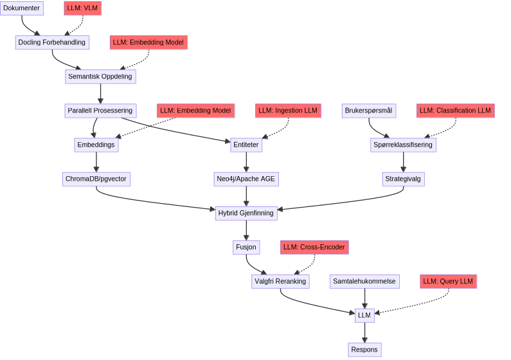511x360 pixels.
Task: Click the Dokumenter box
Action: [x=21, y=8]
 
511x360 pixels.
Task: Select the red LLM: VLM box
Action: [x=83, y=8]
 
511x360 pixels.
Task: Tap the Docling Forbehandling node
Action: [x=51, y=42]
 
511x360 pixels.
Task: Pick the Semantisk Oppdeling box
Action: [x=100, y=76]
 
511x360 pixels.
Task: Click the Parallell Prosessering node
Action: [x=100, y=111]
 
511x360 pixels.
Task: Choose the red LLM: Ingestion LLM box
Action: [x=287, y=111]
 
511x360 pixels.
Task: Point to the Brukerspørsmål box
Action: [x=368, y=111]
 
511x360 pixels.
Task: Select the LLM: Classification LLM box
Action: [x=455, y=111]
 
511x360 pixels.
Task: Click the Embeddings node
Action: [x=96, y=145]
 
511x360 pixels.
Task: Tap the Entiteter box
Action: [x=246, y=145]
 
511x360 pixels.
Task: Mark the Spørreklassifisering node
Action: [x=403, y=145]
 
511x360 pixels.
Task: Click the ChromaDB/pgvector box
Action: [x=96, y=179]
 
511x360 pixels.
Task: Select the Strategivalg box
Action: [x=402, y=179]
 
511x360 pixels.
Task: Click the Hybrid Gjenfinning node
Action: [x=246, y=213]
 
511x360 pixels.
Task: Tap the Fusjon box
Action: [x=246, y=247]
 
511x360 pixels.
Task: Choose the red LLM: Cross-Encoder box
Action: [x=314, y=247]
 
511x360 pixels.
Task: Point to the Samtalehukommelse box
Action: [x=364, y=281]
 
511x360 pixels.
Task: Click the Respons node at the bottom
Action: [x=364, y=350]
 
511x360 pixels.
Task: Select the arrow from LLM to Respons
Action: [x=364, y=332]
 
